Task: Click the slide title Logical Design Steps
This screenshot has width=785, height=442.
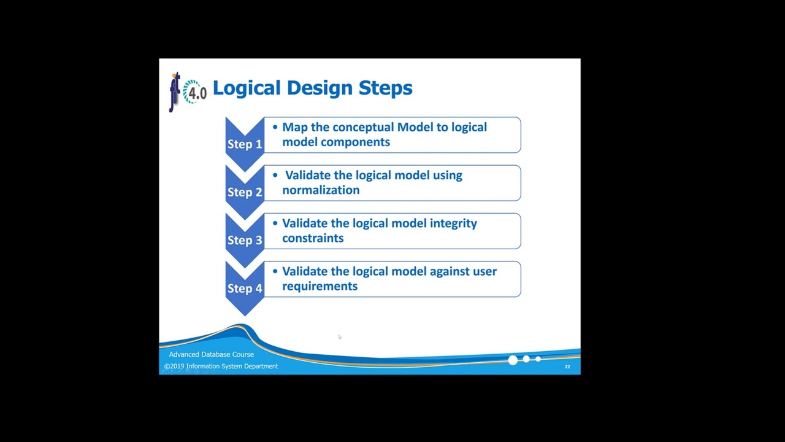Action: point(312,88)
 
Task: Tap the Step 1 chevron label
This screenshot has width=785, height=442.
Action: point(245,144)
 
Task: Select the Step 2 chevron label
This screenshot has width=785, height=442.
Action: point(245,192)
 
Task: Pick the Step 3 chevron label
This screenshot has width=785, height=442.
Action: point(245,240)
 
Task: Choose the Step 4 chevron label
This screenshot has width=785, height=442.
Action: point(245,289)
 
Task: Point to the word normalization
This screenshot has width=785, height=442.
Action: point(321,190)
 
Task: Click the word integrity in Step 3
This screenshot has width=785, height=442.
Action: point(453,223)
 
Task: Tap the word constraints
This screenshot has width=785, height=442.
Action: point(313,238)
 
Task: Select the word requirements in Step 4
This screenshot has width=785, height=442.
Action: point(320,286)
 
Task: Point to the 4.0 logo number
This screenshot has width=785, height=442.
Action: point(197,93)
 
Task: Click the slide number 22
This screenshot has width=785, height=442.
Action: point(567,366)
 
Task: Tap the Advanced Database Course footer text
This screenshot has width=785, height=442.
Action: point(212,354)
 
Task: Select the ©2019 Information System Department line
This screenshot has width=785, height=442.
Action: point(221,366)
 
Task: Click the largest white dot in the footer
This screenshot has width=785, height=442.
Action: point(513,360)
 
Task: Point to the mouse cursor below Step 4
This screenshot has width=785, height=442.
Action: point(339,336)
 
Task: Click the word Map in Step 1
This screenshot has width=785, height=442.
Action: point(295,128)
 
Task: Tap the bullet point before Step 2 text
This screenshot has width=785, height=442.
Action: point(275,176)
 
